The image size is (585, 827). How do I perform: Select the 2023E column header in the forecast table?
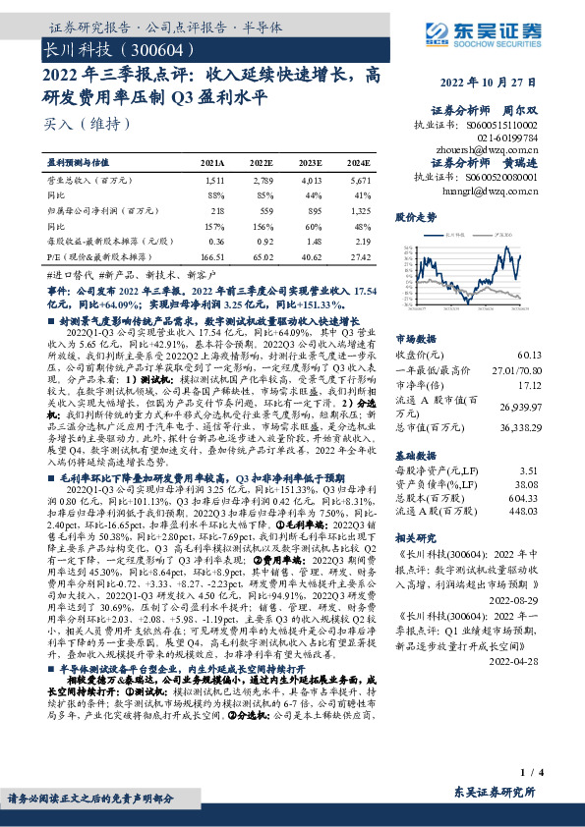pos(311,162)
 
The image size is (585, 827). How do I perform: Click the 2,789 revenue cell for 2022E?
pos(262,182)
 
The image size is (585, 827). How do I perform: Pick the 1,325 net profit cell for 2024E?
pos(359,210)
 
